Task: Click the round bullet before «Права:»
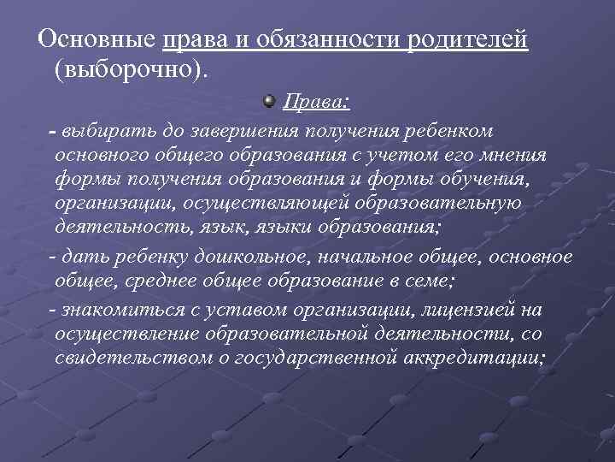pos(268,102)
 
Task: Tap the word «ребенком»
pos(445,131)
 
